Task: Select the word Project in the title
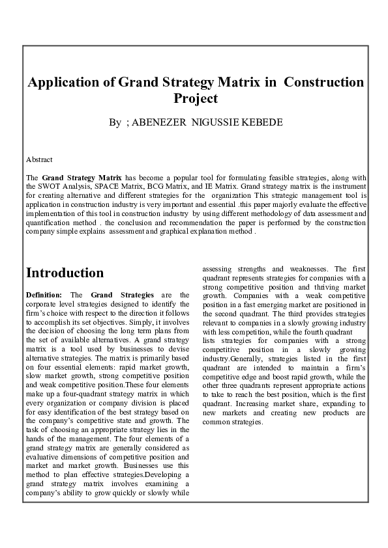pos(195,99)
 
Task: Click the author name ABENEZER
pos(159,122)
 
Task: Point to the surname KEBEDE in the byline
pos(261,122)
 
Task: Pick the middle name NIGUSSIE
pos(213,122)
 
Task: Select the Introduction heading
pos(65,273)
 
